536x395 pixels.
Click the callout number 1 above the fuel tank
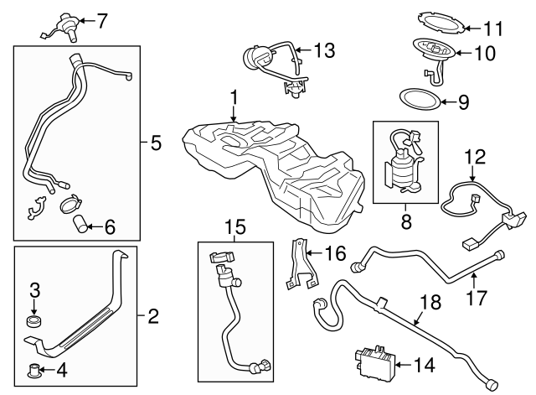[234, 97]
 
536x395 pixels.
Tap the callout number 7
[102, 21]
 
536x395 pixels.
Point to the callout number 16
[335, 252]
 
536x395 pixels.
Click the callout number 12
[475, 156]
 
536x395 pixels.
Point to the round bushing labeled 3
[34, 321]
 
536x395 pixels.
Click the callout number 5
[156, 143]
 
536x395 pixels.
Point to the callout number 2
[152, 317]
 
